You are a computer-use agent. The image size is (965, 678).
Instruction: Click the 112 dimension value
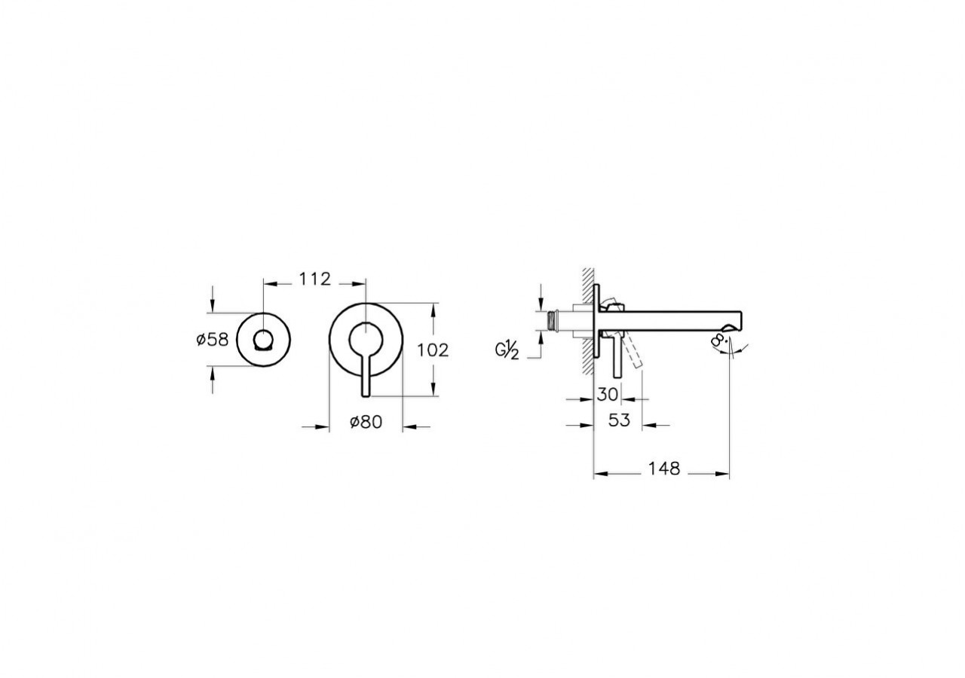314,279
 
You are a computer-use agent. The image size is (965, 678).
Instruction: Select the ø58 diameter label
212,340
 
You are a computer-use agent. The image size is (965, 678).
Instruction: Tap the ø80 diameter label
366,423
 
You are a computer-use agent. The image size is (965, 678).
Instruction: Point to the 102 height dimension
433,350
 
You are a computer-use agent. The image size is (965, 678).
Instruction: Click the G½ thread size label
507,350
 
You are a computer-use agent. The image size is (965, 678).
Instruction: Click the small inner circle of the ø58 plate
263,338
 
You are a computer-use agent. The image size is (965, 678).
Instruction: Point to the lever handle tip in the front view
365,390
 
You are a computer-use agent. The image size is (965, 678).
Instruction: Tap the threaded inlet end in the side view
554,319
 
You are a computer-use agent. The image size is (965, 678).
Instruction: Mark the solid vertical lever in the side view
618,358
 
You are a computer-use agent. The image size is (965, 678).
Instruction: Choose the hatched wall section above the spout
586,286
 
